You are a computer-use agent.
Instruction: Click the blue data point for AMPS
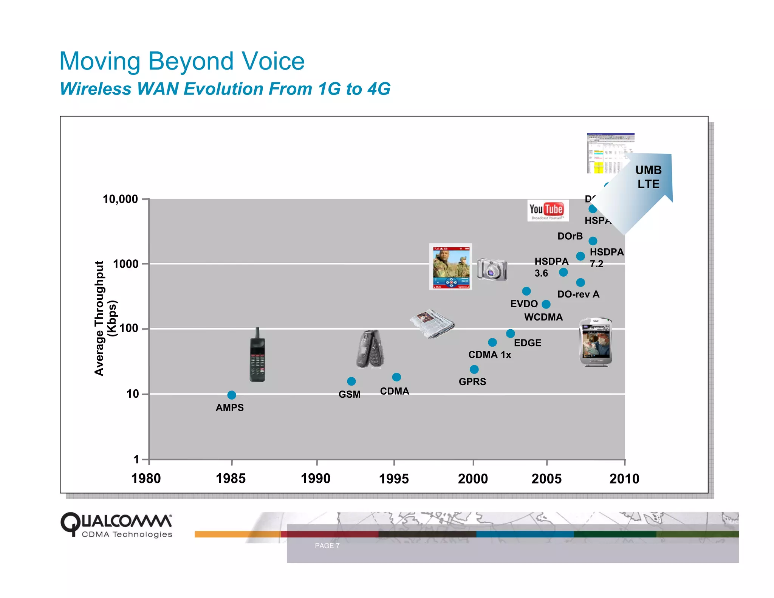click(x=232, y=395)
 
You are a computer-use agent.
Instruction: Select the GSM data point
click(x=351, y=381)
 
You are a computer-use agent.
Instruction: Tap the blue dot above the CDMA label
click(x=396, y=377)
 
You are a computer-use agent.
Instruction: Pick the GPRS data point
click(x=474, y=369)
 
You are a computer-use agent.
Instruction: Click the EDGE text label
click(x=527, y=343)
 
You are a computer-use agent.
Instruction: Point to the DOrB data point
click(x=593, y=241)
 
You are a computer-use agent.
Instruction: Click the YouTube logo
click(x=547, y=210)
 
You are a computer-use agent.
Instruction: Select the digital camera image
click(x=492, y=269)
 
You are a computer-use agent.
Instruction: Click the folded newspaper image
click(x=432, y=324)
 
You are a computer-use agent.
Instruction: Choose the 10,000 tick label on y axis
click(x=120, y=199)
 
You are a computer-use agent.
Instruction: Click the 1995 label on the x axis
click(x=394, y=479)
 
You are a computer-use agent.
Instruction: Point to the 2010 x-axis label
click(x=624, y=479)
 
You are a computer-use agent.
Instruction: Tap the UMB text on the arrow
click(x=648, y=170)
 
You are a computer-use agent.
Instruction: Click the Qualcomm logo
click(x=116, y=525)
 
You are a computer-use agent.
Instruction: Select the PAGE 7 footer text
click(x=327, y=545)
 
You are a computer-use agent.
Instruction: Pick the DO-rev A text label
click(x=578, y=294)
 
